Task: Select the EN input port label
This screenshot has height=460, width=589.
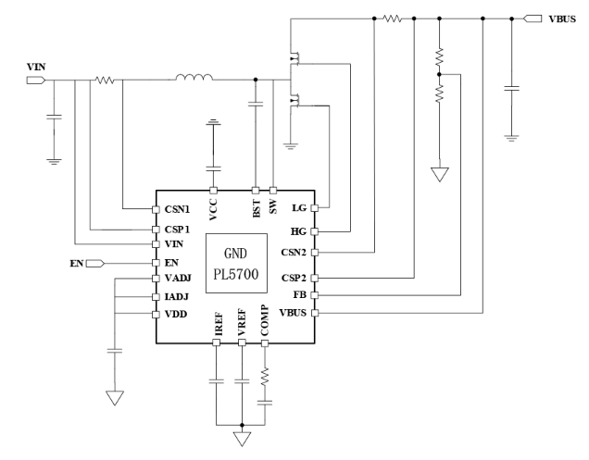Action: pos(76,264)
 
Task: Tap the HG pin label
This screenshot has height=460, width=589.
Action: pos(297,230)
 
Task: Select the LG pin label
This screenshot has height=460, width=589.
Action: pos(298,208)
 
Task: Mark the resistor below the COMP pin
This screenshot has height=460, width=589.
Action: pos(265,375)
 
